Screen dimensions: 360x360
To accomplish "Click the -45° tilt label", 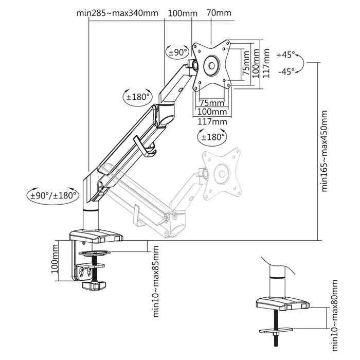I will click(x=285, y=72).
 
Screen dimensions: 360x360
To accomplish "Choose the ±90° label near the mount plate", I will click(x=177, y=52).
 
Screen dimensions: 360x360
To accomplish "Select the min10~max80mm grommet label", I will click(x=335, y=303).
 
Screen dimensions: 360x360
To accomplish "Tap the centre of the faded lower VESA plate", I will click(x=223, y=173).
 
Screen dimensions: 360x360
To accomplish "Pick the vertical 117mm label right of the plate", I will click(x=266, y=63).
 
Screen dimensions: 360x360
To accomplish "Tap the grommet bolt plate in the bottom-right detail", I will click(x=282, y=330).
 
